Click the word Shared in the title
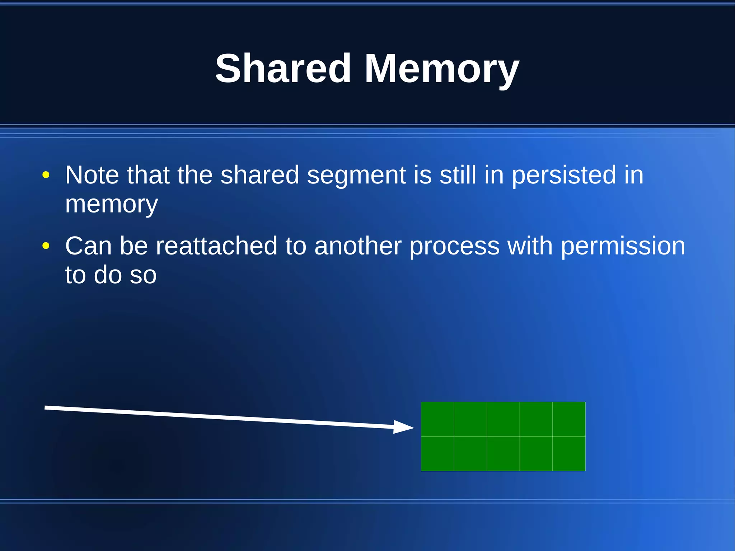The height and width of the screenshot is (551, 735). [283, 68]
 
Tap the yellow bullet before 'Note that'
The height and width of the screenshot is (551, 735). [46, 175]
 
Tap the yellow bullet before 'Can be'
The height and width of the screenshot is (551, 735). [46, 246]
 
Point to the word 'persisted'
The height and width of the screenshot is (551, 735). [563, 175]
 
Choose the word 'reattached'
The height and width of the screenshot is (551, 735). [216, 246]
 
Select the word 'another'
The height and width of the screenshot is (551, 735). [357, 246]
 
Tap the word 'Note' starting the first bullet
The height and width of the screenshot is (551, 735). [92, 175]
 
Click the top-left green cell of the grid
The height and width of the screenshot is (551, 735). [437, 419]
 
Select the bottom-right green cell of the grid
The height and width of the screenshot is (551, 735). [569, 453]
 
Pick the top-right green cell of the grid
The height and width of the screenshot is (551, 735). [569, 419]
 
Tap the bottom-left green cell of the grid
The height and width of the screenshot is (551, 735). [437, 453]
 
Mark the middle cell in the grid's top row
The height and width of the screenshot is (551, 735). [503, 419]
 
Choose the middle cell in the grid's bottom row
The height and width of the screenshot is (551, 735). [503, 453]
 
